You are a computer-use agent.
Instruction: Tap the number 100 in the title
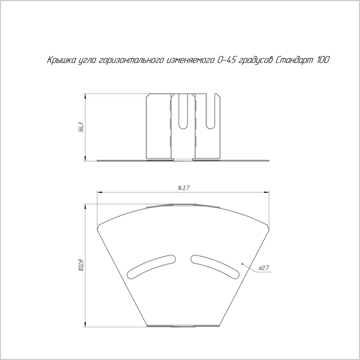tap(324, 60)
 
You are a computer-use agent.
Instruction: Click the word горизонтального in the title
tap(131, 61)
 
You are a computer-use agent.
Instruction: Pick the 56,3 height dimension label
tap(81, 128)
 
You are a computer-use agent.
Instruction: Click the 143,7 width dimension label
tap(183, 188)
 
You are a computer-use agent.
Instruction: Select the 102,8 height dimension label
tap(81, 265)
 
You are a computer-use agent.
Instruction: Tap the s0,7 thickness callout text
tap(264, 268)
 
